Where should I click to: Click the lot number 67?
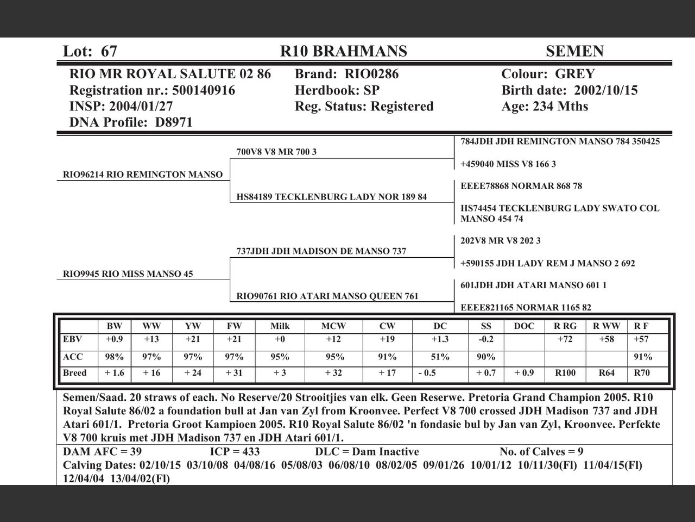[x=109, y=51]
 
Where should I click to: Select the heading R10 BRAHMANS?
[x=343, y=51]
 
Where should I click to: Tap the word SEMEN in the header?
[x=574, y=51]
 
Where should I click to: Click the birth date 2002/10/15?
[x=605, y=90]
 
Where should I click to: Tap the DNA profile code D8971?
[x=174, y=122]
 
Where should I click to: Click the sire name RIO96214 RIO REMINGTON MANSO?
[x=143, y=175]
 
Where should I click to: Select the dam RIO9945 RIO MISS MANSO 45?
[x=128, y=274]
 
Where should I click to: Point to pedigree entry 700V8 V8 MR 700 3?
[x=276, y=152]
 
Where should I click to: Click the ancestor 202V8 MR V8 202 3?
[x=500, y=240]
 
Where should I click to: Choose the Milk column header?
[x=280, y=326]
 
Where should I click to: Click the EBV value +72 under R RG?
[x=565, y=339]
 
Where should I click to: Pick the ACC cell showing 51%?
[x=440, y=357]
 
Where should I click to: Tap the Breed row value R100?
[x=565, y=373]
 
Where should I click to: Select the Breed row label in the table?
[x=75, y=373]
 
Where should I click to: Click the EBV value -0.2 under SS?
[x=485, y=339]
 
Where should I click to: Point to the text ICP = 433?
[x=235, y=452]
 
